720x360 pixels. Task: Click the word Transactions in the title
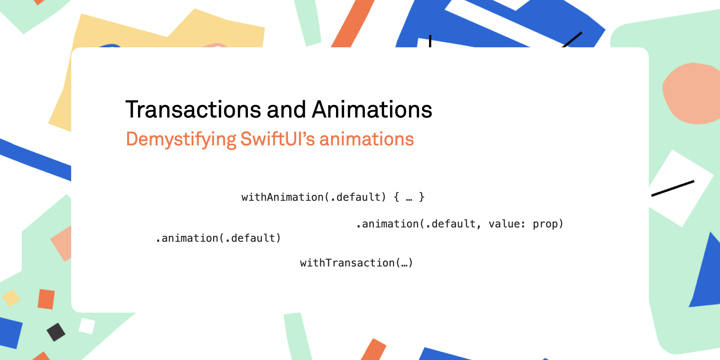coord(193,109)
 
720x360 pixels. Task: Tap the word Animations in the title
coord(372,109)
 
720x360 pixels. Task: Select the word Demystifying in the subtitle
coord(181,139)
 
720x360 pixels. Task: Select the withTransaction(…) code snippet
coord(356,263)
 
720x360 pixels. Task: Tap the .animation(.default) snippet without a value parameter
coord(218,238)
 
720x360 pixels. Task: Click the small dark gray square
coord(56,332)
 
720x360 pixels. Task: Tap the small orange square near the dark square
coord(46,299)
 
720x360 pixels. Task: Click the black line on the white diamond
coord(673,189)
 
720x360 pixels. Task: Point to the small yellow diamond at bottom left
coord(11,298)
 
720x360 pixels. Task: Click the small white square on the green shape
coord(87,326)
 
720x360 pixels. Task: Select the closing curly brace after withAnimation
coord(421,197)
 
